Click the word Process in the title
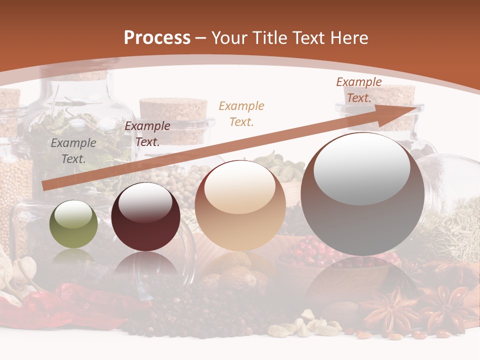(x=157, y=38)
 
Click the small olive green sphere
(x=73, y=224)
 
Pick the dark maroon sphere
(x=145, y=217)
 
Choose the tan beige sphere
(x=240, y=206)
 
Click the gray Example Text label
(x=73, y=151)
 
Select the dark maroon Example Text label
(x=147, y=134)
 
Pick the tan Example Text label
(x=241, y=113)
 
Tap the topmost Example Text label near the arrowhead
(x=358, y=90)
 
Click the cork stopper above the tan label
(x=173, y=113)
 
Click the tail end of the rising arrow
(x=46, y=186)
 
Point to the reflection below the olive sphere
(x=73, y=257)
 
